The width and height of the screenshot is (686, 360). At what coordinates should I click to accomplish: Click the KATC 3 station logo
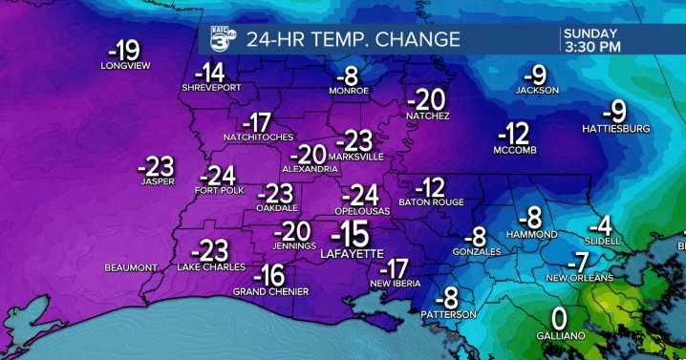tap(223, 38)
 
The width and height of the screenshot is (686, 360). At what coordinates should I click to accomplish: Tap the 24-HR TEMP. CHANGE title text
tap(354, 40)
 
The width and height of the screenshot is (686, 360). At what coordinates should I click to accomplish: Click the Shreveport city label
tap(210, 88)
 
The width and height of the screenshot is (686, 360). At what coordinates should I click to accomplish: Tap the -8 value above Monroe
tap(351, 75)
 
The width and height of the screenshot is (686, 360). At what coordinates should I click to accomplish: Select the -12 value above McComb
tap(518, 133)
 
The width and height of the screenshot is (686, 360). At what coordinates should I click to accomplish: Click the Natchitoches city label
tap(258, 137)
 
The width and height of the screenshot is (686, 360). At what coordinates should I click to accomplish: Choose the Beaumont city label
tap(131, 267)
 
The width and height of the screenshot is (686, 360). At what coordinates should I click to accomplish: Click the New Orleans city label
tap(577, 278)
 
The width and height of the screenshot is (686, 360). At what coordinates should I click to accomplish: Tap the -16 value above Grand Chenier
tap(273, 275)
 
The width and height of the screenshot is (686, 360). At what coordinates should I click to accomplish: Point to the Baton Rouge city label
tap(431, 201)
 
